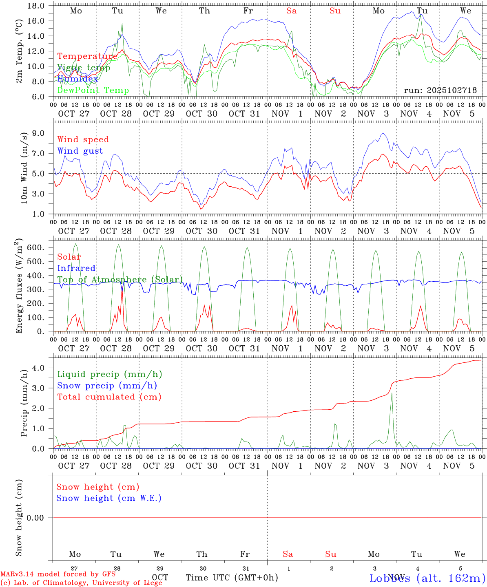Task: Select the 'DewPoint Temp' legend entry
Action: [93, 90]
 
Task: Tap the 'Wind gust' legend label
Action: [80, 151]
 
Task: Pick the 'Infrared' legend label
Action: [76, 268]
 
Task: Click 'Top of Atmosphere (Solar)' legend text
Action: [120, 280]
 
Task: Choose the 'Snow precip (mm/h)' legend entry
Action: [107, 386]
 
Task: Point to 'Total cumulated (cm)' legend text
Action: [109, 397]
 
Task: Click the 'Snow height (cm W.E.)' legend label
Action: [108, 498]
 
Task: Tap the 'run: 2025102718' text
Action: [440, 90]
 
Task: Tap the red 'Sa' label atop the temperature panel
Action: [291, 11]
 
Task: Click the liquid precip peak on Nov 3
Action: [392, 394]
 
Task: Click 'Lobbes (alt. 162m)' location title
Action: [427, 578]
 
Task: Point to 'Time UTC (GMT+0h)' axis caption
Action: [232, 578]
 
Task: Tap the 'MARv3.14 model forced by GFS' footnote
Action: [58, 574]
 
